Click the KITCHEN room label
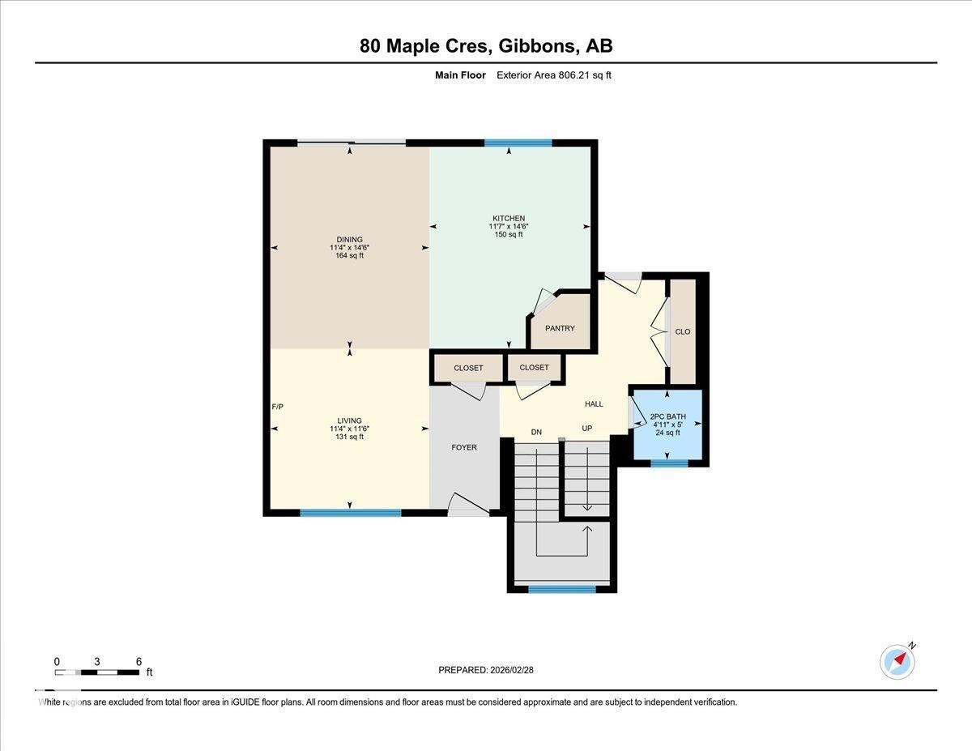coord(509,218)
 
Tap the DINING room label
coord(349,239)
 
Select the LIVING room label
coord(349,420)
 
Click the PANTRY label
coord(560,328)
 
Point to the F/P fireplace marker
coord(278,407)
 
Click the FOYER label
coord(464,447)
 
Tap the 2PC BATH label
coord(667,416)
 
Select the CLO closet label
coord(682,331)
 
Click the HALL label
coord(594,403)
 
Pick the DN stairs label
coord(536,432)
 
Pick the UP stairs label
coord(587,428)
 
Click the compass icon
coord(897,661)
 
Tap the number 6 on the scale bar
coord(139,661)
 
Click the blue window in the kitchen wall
coord(518,143)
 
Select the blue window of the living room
coord(350,512)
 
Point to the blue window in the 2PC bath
coord(669,463)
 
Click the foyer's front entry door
coord(468,506)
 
